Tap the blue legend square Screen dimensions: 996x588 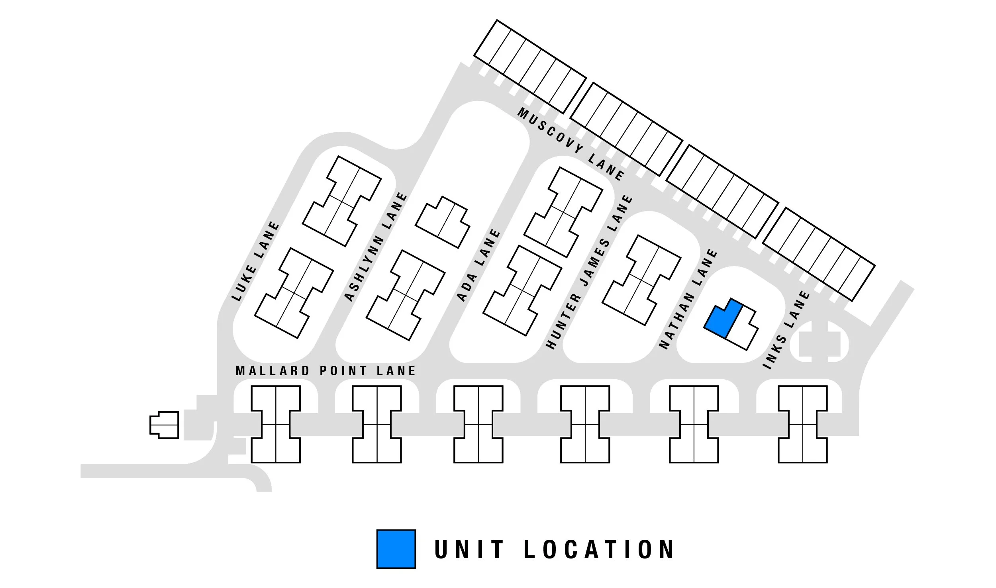tap(396, 549)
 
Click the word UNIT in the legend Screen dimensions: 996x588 tap(469, 549)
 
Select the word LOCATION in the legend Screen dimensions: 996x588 tap(598, 549)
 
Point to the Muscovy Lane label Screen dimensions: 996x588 tap(571, 144)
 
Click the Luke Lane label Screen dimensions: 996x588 tap(255, 261)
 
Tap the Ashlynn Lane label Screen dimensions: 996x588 tap(376, 247)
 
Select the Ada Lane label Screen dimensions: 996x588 tap(478, 265)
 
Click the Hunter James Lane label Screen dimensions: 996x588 tap(588, 272)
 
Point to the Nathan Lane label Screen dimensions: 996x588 tap(688, 299)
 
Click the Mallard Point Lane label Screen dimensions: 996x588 tap(325, 371)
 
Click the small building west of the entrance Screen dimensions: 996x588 tap(164, 425)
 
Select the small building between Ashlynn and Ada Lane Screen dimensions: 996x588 tap(442, 222)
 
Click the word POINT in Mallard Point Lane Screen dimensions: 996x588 tap(343, 371)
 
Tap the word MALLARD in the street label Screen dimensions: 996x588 tap(273, 371)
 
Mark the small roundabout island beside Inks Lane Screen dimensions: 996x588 tap(819, 342)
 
